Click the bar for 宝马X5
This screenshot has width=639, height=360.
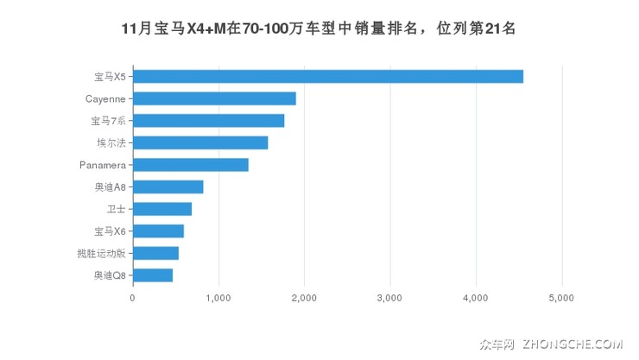[328, 76]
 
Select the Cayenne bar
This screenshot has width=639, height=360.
[214, 98]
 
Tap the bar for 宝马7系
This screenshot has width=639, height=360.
[208, 120]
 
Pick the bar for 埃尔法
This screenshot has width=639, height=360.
[200, 142]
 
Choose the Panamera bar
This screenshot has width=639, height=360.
[191, 165]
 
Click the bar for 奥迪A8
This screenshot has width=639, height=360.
[168, 186]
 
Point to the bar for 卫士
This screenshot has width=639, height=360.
[162, 209]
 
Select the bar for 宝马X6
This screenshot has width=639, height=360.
[158, 231]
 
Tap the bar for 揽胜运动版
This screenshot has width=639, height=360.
[155, 253]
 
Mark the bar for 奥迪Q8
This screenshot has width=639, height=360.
[153, 275]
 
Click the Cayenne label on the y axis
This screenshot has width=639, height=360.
[104, 98]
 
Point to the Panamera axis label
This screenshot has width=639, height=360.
[102, 165]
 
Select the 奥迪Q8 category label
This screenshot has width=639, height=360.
[109, 275]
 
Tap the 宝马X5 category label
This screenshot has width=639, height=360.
[109, 76]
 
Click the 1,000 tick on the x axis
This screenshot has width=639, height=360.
[218, 298]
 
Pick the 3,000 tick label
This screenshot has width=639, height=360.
[390, 298]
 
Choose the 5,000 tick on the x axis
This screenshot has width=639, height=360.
[562, 298]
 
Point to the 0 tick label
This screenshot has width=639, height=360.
[133, 298]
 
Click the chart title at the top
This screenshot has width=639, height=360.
[319, 28]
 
